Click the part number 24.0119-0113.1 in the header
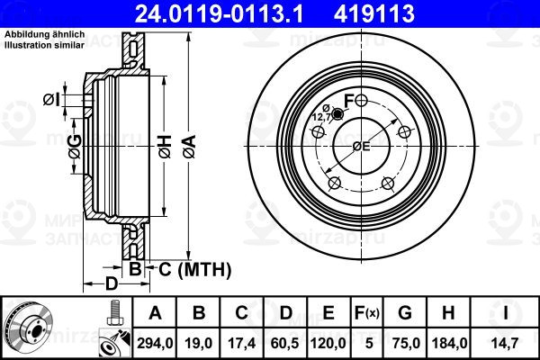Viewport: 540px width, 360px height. pyautogui.click(x=219, y=13)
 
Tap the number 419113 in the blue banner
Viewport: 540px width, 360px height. pyautogui.click(x=373, y=13)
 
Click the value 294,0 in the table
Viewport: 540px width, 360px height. pyautogui.click(x=155, y=343)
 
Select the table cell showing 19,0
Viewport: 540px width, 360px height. pyautogui.click(x=199, y=343)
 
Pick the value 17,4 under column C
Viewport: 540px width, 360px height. pyautogui.click(x=242, y=343)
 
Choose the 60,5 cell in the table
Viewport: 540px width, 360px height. pyautogui.click(x=285, y=343)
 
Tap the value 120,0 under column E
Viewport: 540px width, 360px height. pyautogui.click(x=328, y=343)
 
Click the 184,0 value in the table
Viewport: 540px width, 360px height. pyautogui.click(x=449, y=343)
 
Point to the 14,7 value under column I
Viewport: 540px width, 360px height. pyautogui.click(x=505, y=343)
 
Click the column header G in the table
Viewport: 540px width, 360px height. pyautogui.click(x=405, y=313)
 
